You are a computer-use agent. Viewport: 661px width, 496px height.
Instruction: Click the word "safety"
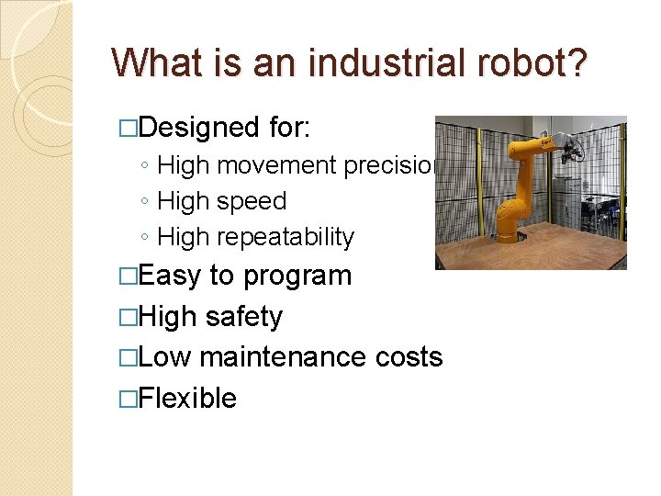(244, 317)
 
